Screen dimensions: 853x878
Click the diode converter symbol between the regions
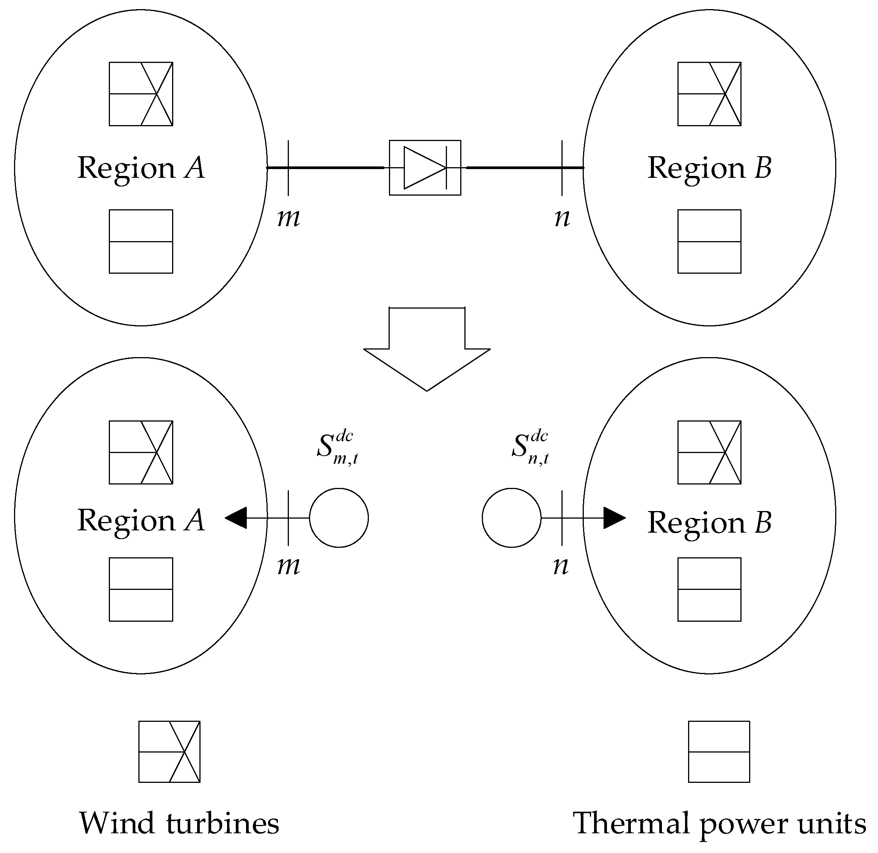(x=425, y=168)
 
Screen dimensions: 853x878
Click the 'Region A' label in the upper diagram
(x=141, y=168)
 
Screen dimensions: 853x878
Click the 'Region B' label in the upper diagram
(x=709, y=168)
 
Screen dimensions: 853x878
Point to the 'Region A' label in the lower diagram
(x=141, y=521)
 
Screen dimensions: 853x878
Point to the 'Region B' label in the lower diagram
(x=709, y=522)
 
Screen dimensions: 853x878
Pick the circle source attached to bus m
(x=339, y=518)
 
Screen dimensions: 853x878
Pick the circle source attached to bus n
(x=511, y=518)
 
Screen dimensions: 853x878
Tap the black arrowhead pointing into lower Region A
(x=236, y=518)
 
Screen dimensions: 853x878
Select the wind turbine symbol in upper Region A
(x=141, y=94)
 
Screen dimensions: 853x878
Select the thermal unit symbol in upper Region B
(x=709, y=241)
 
